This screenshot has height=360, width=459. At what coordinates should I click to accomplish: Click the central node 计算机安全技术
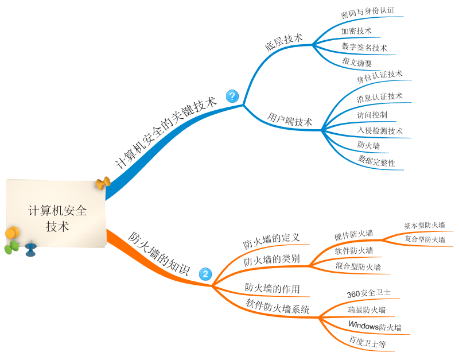click(57, 218)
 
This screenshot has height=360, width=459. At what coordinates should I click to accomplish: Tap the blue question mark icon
click(232, 96)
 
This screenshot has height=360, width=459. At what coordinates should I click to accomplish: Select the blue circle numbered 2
click(205, 274)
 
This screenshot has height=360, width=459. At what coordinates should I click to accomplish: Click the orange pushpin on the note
click(103, 184)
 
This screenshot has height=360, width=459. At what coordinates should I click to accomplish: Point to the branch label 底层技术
click(283, 41)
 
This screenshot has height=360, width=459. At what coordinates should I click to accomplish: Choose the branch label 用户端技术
click(290, 120)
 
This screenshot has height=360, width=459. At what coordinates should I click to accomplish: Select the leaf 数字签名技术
click(364, 47)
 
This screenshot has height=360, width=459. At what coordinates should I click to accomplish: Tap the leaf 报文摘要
click(357, 63)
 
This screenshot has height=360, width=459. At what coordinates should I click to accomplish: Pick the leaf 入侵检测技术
click(380, 131)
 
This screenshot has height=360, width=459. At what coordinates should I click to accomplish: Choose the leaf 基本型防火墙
click(425, 225)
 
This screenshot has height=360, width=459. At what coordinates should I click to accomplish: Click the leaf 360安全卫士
click(369, 293)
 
